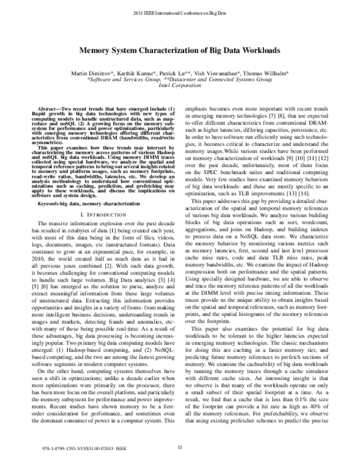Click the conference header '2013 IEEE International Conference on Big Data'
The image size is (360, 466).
click(179, 12)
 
